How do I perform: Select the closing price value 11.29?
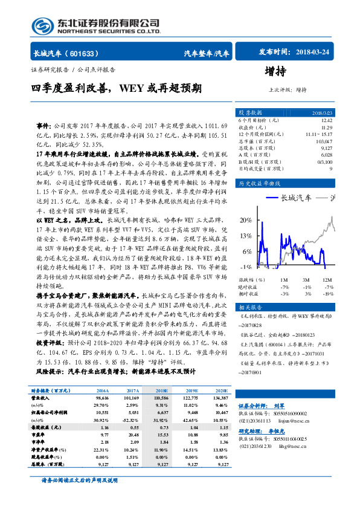coord(328,128)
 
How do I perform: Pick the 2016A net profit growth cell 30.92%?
coord(101,420)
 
